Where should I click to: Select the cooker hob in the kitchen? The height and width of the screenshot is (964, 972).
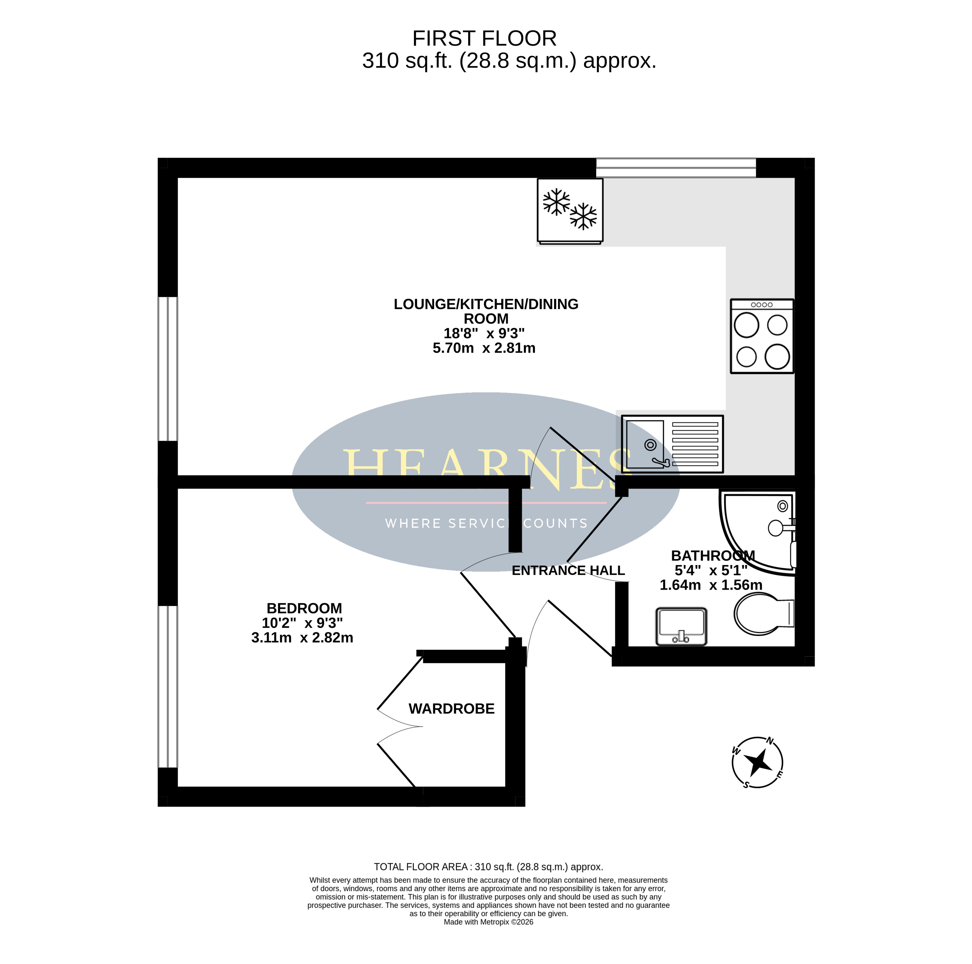pyautogui.click(x=762, y=336)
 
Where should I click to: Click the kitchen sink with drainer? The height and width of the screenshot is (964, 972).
pyautogui.click(x=672, y=444)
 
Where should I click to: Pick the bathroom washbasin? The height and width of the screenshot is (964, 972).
pyautogui.click(x=681, y=626)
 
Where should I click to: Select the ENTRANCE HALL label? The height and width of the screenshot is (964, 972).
pyautogui.click(x=568, y=571)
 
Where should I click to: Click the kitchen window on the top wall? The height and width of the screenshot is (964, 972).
pyautogui.click(x=676, y=167)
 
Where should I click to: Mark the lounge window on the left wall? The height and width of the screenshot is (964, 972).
pyautogui.click(x=167, y=369)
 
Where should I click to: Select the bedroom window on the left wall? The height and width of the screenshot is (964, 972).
pyautogui.click(x=167, y=687)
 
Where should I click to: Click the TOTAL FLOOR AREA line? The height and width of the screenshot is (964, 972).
pyautogui.click(x=488, y=867)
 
